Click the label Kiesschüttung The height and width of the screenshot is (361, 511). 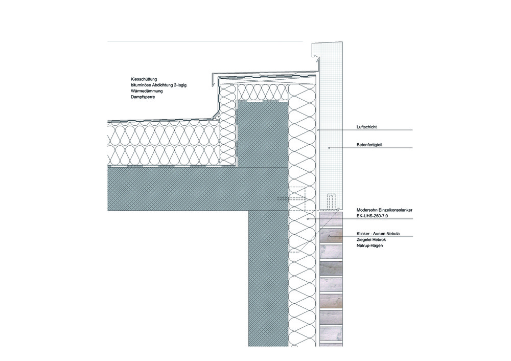pos(144,79)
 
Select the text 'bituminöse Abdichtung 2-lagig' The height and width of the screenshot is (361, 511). pos(158,85)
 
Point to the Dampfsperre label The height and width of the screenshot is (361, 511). pos(143,97)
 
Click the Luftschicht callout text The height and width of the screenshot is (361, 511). pos(366,127)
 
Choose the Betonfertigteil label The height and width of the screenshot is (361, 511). pos(369,145)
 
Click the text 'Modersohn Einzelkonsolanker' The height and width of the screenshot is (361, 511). pos(384,210)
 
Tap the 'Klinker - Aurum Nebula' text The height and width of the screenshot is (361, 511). pos(378,234)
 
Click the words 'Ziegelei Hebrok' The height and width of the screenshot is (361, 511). pos(371,240)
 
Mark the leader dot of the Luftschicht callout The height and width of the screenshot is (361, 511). pos(318,130)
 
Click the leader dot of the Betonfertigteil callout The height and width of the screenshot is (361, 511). pos(329,148)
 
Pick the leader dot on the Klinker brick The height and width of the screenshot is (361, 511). pos(330,236)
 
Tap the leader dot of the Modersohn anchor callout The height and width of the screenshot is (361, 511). pos(308,219)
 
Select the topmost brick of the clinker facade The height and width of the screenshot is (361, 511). pos(331,218)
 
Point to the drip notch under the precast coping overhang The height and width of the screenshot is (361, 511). pos(316,60)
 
